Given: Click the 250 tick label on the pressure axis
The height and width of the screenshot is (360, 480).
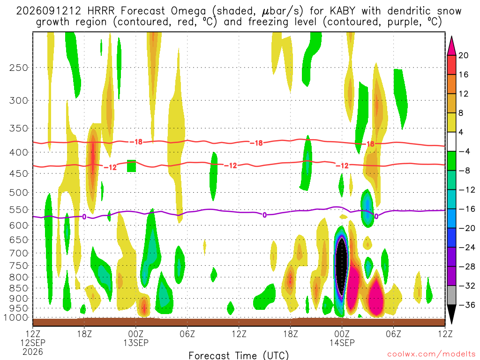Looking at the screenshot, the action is [18, 67].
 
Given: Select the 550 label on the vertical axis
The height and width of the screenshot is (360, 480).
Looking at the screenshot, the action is [18, 210].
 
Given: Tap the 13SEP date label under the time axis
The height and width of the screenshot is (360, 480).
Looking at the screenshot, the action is [135, 343].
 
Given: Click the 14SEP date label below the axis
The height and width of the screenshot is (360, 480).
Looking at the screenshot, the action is [342, 343].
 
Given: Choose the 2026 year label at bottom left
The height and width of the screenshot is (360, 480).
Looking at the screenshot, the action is [33, 352].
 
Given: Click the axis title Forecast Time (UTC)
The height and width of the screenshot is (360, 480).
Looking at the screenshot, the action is [239, 355].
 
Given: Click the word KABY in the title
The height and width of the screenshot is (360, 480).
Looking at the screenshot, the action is [342, 11].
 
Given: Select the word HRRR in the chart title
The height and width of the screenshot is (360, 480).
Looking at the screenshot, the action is [101, 11].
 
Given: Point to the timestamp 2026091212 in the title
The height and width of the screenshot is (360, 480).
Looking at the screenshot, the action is [49, 11].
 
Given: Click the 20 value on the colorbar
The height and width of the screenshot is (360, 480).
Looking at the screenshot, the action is [463, 55].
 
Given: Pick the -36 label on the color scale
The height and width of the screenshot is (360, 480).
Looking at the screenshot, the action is [466, 305].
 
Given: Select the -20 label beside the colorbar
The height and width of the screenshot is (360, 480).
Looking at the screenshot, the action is [466, 228].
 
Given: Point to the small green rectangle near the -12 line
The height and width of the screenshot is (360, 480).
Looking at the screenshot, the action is [131, 166].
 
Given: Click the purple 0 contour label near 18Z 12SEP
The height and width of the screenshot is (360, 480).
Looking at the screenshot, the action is [84, 217].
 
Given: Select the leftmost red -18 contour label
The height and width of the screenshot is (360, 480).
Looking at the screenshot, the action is [138, 142].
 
